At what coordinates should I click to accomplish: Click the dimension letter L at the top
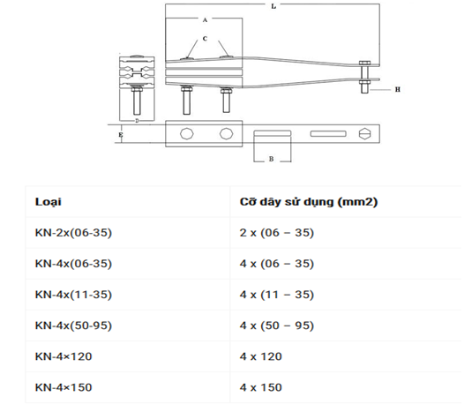[x=273, y=6]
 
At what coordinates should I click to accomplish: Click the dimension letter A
[x=205, y=19]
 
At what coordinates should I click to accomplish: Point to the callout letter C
[x=205, y=39]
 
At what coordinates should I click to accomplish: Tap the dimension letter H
[x=398, y=89]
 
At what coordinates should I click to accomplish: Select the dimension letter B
[x=271, y=159]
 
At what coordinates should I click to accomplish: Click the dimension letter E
[x=121, y=135]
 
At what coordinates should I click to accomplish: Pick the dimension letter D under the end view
[x=137, y=121]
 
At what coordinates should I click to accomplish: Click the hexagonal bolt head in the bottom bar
[x=364, y=134]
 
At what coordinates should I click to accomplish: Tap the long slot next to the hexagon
[x=328, y=134]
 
